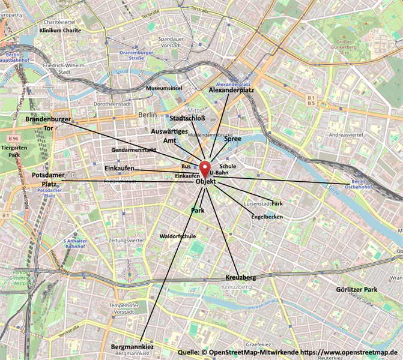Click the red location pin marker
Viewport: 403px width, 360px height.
tap(205, 168)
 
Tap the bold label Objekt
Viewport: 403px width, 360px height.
tap(205, 182)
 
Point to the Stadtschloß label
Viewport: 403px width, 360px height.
tap(187, 118)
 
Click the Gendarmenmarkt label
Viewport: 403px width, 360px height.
tap(134, 149)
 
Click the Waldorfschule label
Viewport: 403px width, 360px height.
tap(178, 236)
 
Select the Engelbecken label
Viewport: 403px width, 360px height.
tap(266, 216)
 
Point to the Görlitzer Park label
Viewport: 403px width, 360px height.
tap(356, 290)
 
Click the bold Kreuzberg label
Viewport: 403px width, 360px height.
tap(240, 278)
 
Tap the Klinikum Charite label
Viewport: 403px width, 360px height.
tap(60, 29)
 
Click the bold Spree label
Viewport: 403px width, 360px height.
tap(232, 139)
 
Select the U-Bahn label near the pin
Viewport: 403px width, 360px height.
tap(219, 172)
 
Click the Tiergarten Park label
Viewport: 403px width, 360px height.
tap(11, 151)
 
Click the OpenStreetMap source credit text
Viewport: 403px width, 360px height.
tap(288, 352)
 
